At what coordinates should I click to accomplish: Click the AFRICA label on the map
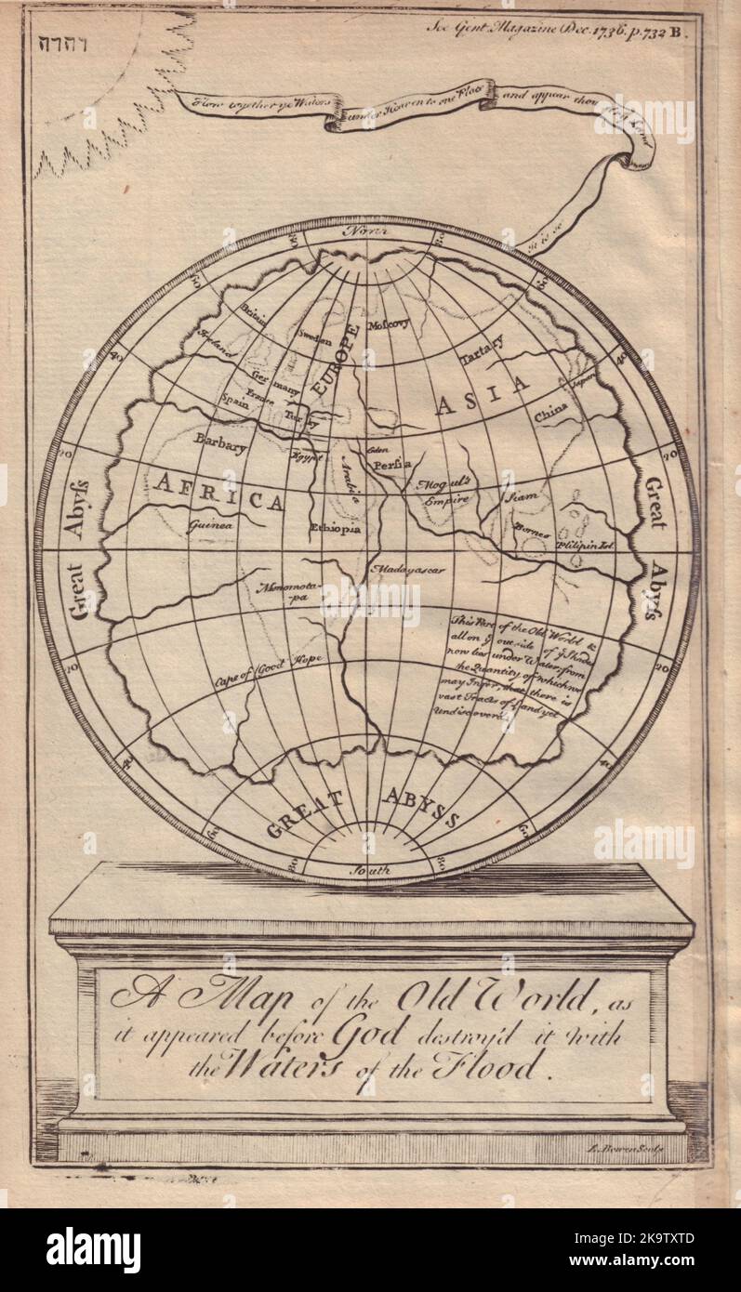218,493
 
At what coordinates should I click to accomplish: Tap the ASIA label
481,399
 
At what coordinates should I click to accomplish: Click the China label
551,415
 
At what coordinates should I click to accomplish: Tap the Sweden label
313,340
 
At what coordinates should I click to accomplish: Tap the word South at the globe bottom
367,871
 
